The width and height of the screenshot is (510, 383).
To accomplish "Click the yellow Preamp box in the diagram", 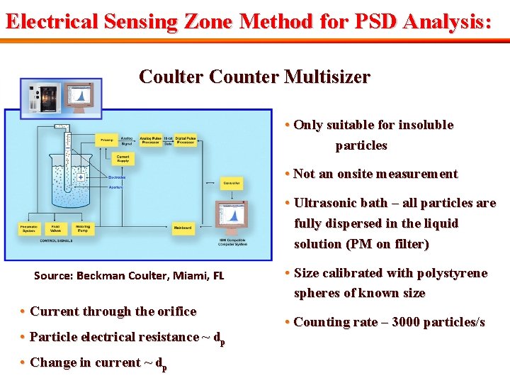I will point(106,139).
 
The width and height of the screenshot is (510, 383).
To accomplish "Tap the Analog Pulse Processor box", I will point(150,140).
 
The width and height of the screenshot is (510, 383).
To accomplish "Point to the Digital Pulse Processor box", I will point(186,140).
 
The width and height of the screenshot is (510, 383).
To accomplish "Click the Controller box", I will point(232,184).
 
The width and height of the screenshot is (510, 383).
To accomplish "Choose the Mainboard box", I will point(183,228).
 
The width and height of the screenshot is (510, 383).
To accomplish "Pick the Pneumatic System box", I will point(28,228).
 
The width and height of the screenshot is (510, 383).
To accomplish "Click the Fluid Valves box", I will point(55,228).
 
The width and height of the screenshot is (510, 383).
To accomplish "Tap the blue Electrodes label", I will point(117,177).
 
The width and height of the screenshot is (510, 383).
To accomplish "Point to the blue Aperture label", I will point(115,187).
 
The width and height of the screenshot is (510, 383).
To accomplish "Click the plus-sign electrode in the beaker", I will point(81,177).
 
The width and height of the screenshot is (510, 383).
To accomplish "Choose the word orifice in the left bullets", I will point(174,311).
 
